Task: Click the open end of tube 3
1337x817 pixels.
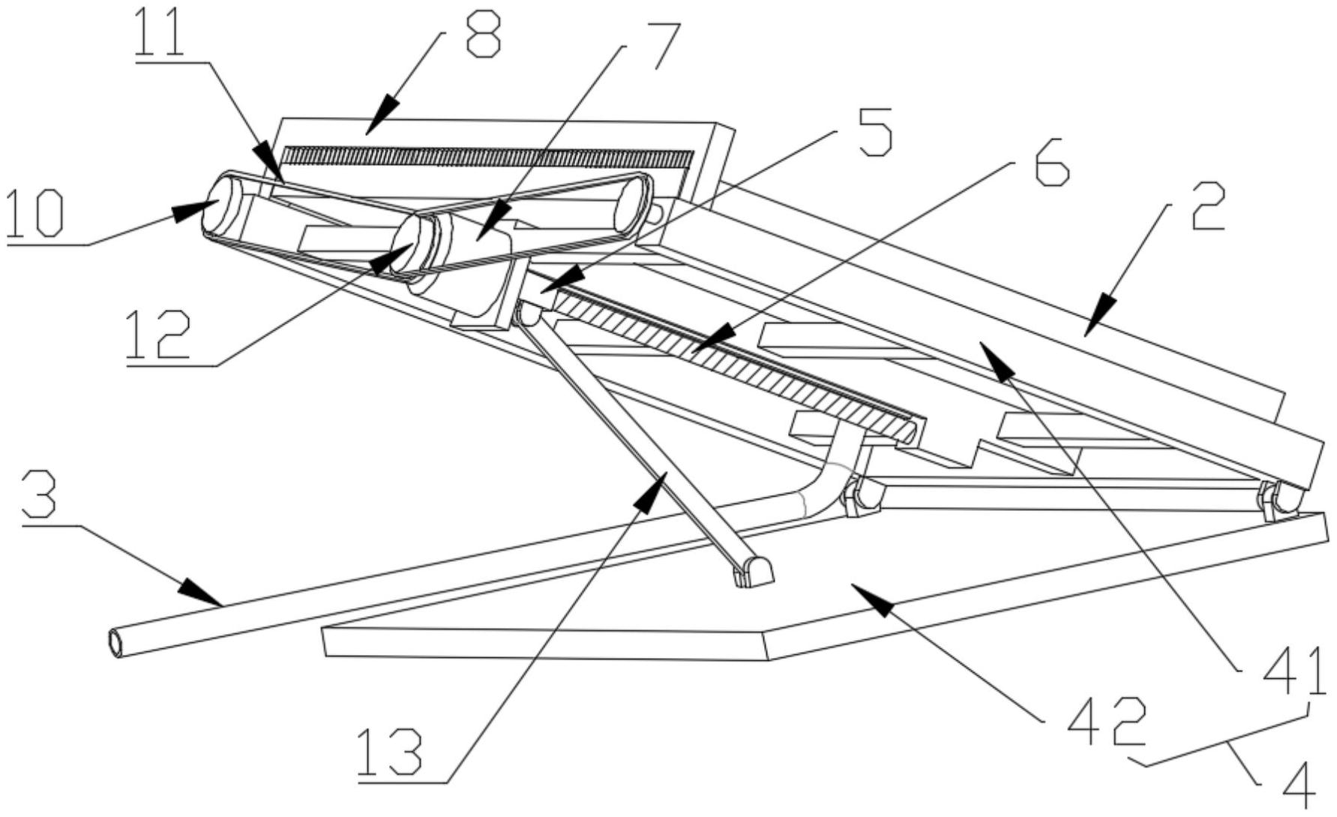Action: (x=116, y=643)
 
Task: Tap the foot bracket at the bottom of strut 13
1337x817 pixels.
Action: (x=753, y=574)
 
